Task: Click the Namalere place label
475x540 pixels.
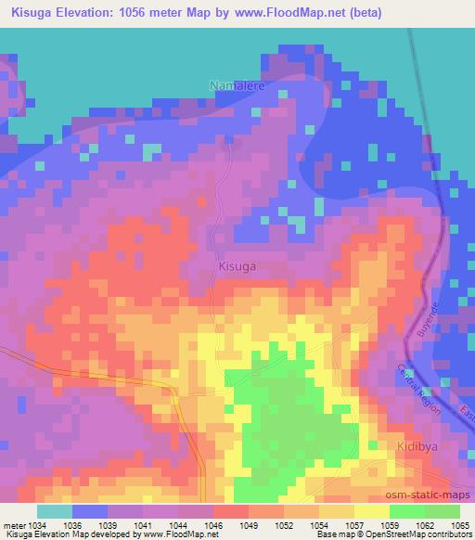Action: coord(238,86)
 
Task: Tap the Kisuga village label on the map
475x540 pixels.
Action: coord(237,265)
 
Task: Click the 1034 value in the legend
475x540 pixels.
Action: coord(27,524)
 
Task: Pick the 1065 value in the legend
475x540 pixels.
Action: coord(460,524)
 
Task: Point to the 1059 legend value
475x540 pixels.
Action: coord(389,524)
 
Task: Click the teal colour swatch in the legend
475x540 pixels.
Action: coord(54,511)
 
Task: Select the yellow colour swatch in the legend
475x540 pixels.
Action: coord(371,511)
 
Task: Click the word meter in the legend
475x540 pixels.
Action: coord(9,524)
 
